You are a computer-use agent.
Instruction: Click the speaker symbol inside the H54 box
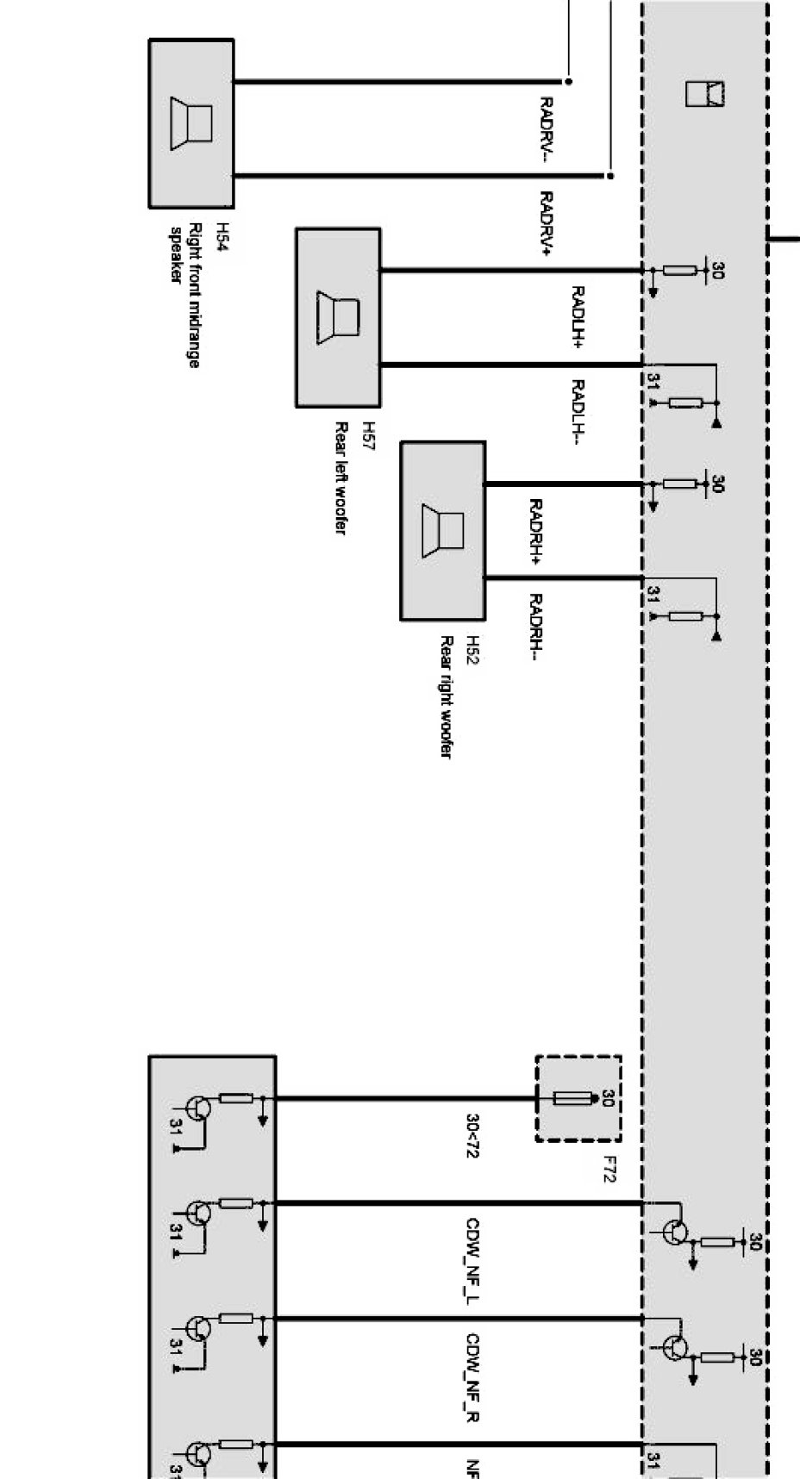click(x=191, y=124)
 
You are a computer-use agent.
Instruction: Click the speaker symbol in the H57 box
click(x=338, y=318)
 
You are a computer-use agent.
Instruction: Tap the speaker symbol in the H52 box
click(x=442, y=530)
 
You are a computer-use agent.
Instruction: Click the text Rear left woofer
click(x=341, y=478)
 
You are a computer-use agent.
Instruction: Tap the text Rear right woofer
click(x=447, y=697)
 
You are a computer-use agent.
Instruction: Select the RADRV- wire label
click(x=546, y=129)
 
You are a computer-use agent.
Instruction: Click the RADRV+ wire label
click(x=546, y=224)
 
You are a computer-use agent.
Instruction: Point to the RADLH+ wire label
click(x=578, y=318)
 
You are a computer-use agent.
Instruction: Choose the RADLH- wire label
click(x=578, y=413)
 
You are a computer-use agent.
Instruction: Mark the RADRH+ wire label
click(x=534, y=532)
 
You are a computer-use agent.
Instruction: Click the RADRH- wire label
click(x=534, y=627)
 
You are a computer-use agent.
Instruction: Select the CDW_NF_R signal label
click(x=472, y=1377)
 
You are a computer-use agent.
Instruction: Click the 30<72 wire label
click(x=472, y=1135)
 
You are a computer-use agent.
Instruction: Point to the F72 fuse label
click(x=609, y=1169)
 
